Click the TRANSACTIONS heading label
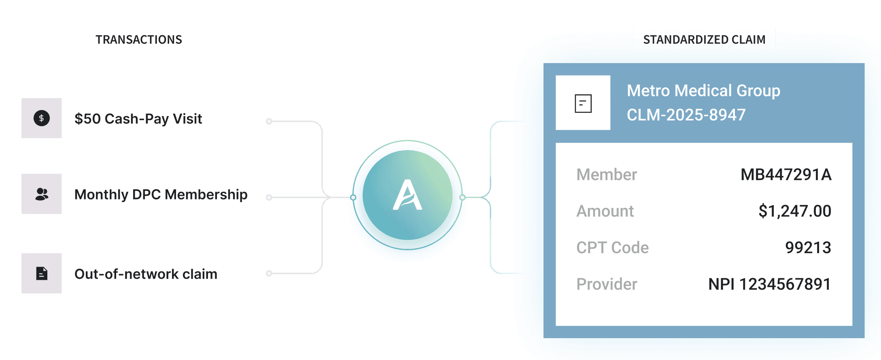pyautogui.click(x=138, y=39)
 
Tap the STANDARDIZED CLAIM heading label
pyautogui.click(x=704, y=39)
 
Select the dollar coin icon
pyautogui.click(x=41, y=119)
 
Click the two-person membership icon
pyautogui.click(x=41, y=195)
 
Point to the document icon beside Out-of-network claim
pyautogui.click(x=41, y=274)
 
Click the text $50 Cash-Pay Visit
pyautogui.click(x=138, y=119)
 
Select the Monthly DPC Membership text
pyautogui.click(x=161, y=195)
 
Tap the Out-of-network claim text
pyautogui.click(x=146, y=274)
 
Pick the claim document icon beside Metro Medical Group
pyautogui.click(x=583, y=103)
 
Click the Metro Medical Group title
pyautogui.click(x=703, y=91)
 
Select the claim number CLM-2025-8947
pyautogui.click(x=686, y=115)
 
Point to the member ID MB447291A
pyautogui.click(x=785, y=175)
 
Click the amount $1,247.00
pyautogui.click(x=794, y=211)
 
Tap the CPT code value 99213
pyautogui.click(x=808, y=248)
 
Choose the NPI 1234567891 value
pyautogui.click(x=769, y=284)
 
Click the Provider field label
pyautogui.click(x=607, y=284)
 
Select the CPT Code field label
pyautogui.click(x=612, y=248)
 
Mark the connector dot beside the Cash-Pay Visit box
pyautogui.click(x=269, y=121)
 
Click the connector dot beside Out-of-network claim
pyautogui.click(x=269, y=273)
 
